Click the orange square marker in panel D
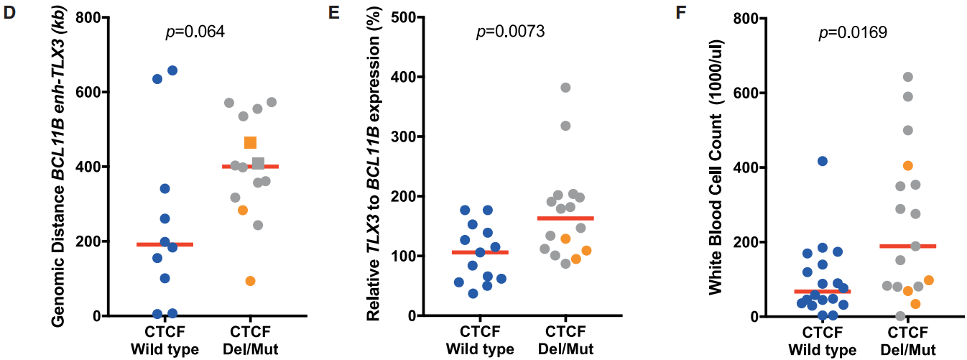point(250,142)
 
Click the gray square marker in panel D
point(258,163)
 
